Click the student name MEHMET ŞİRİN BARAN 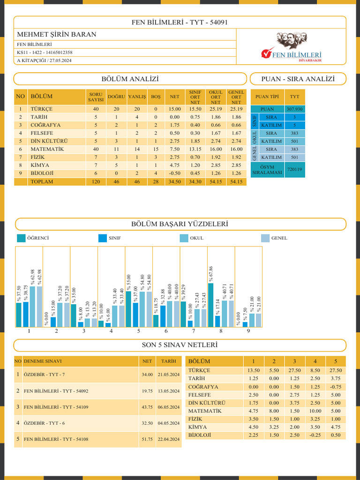pyautogui.click(x=57, y=34)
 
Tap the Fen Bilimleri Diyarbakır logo pyautogui.click(x=291, y=46)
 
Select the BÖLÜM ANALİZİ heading pyautogui.click(x=130, y=79)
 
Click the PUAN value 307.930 pyautogui.click(x=294, y=109)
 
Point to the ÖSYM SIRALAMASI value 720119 pyautogui.click(x=294, y=169)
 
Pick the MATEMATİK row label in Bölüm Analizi pyautogui.click(x=47, y=149)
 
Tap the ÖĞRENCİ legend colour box pyautogui.click(x=21, y=238)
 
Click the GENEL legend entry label pyautogui.click(x=279, y=238)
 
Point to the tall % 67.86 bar pyautogui.click(x=210, y=305)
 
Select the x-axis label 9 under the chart pyautogui.click(x=248, y=331)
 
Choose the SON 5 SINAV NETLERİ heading pyautogui.click(x=180, y=345)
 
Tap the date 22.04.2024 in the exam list pyautogui.click(x=169, y=439)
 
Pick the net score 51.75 pyautogui.click(x=147, y=439)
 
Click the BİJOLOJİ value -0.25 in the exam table pyautogui.click(x=315, y=435)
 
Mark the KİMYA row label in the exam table pyautogui.click(x=197, y=427)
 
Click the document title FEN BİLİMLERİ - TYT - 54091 pyautogui.click(x=180, y=22)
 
